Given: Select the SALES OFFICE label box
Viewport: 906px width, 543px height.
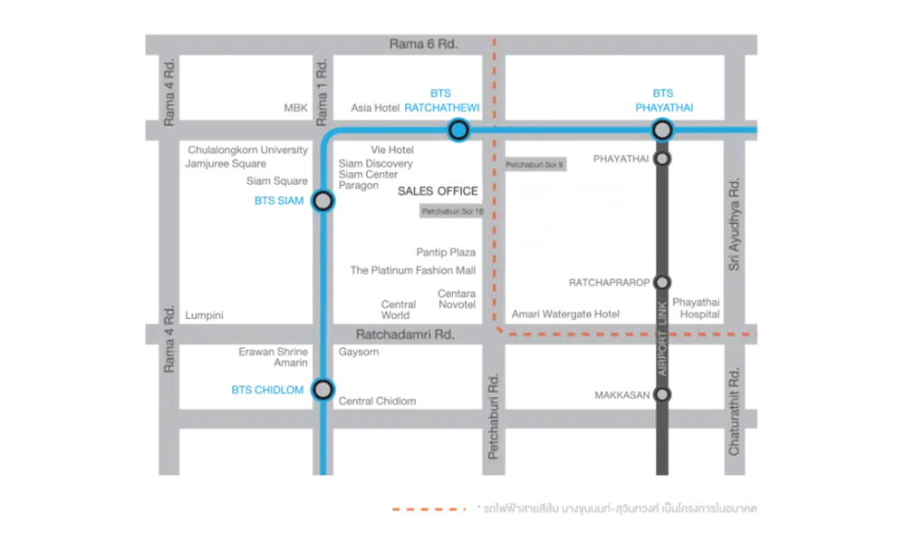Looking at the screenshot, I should click(438, 191).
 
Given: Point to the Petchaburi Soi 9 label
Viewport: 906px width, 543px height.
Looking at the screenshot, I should click(535, 164).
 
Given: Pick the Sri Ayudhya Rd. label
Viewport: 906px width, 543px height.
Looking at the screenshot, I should click(736, 223).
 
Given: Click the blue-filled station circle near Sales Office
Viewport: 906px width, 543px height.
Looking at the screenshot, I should click(458, 131).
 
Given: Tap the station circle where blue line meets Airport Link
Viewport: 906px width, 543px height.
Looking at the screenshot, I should click(662, 131).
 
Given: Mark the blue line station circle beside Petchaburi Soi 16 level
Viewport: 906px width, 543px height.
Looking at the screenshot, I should click(323, 201).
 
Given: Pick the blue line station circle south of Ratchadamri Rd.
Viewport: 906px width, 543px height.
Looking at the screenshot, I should click(323, 390).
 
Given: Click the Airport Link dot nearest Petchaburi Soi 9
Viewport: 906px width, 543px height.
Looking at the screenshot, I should click(662, 159).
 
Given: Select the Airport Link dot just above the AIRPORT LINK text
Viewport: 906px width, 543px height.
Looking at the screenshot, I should click(662, 282).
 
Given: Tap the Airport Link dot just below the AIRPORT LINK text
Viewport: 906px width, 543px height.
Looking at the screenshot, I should click(662, 394).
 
